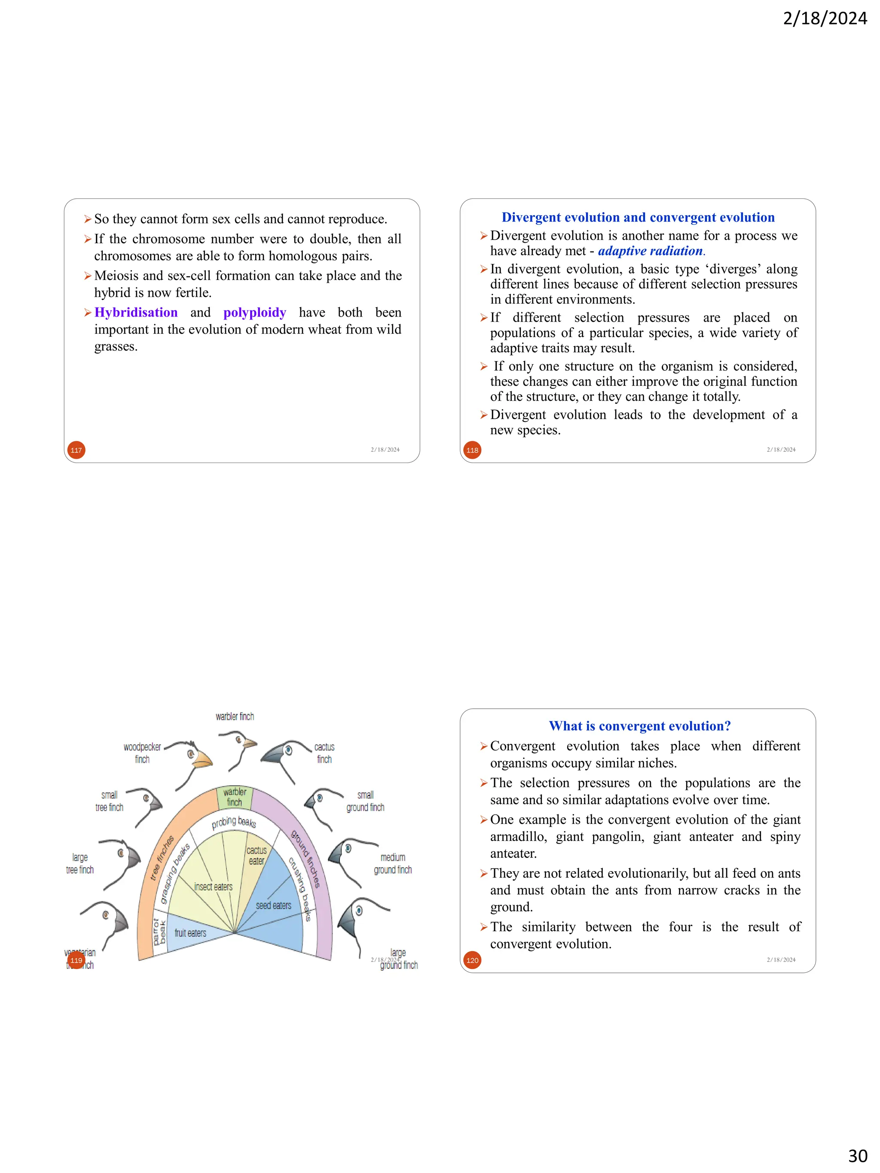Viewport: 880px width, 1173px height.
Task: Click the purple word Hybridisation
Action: click(x=136, y=312)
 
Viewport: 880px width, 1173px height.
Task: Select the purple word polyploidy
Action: click(x=255, y=312)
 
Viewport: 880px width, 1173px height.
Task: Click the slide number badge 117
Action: click(x=76, y=450)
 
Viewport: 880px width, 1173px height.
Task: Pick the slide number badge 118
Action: click(x=472, y=450)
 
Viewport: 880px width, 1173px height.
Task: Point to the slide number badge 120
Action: click(x=472, y=960)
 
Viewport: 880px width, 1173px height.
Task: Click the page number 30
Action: click(x=858, y=1155)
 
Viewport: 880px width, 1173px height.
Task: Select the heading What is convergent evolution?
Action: click(x=640, y=726)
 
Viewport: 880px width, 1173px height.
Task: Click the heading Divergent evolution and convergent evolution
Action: click(x=638, y=217)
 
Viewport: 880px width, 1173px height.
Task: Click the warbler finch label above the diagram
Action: click(x=235, y=716)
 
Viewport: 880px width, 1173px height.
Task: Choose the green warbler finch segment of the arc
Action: click(x=235, y=798)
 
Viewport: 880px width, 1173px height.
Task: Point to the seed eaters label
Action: click(x=273, y=906)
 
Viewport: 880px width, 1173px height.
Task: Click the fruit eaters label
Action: click(x=190, y=933)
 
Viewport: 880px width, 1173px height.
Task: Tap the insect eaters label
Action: click(x=213, y=887)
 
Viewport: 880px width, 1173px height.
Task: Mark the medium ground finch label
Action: click(x=393, y=863)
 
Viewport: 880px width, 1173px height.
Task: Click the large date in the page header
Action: click(x=825, y=18)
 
